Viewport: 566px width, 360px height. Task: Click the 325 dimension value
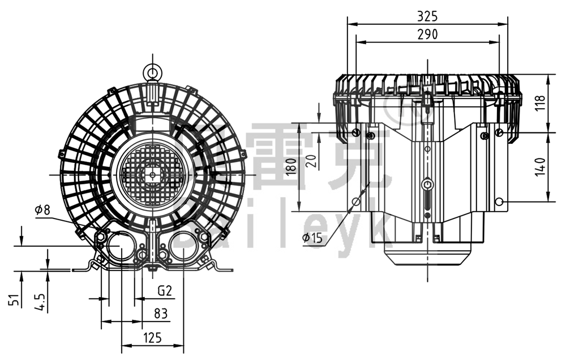click(x=427, y=16)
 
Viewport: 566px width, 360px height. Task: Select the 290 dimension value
click(x=427, y=34)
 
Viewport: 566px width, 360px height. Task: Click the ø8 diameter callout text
click(x=42, y=210)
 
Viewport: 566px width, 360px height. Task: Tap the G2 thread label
click(x=164, y=292)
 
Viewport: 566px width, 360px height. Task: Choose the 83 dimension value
click(x=161, y=312)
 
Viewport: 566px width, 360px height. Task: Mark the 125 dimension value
click(x=152, y=338)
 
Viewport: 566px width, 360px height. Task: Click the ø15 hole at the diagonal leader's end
click(x=356, y=202)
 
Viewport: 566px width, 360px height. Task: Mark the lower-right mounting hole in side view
click(x=499, y=202)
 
